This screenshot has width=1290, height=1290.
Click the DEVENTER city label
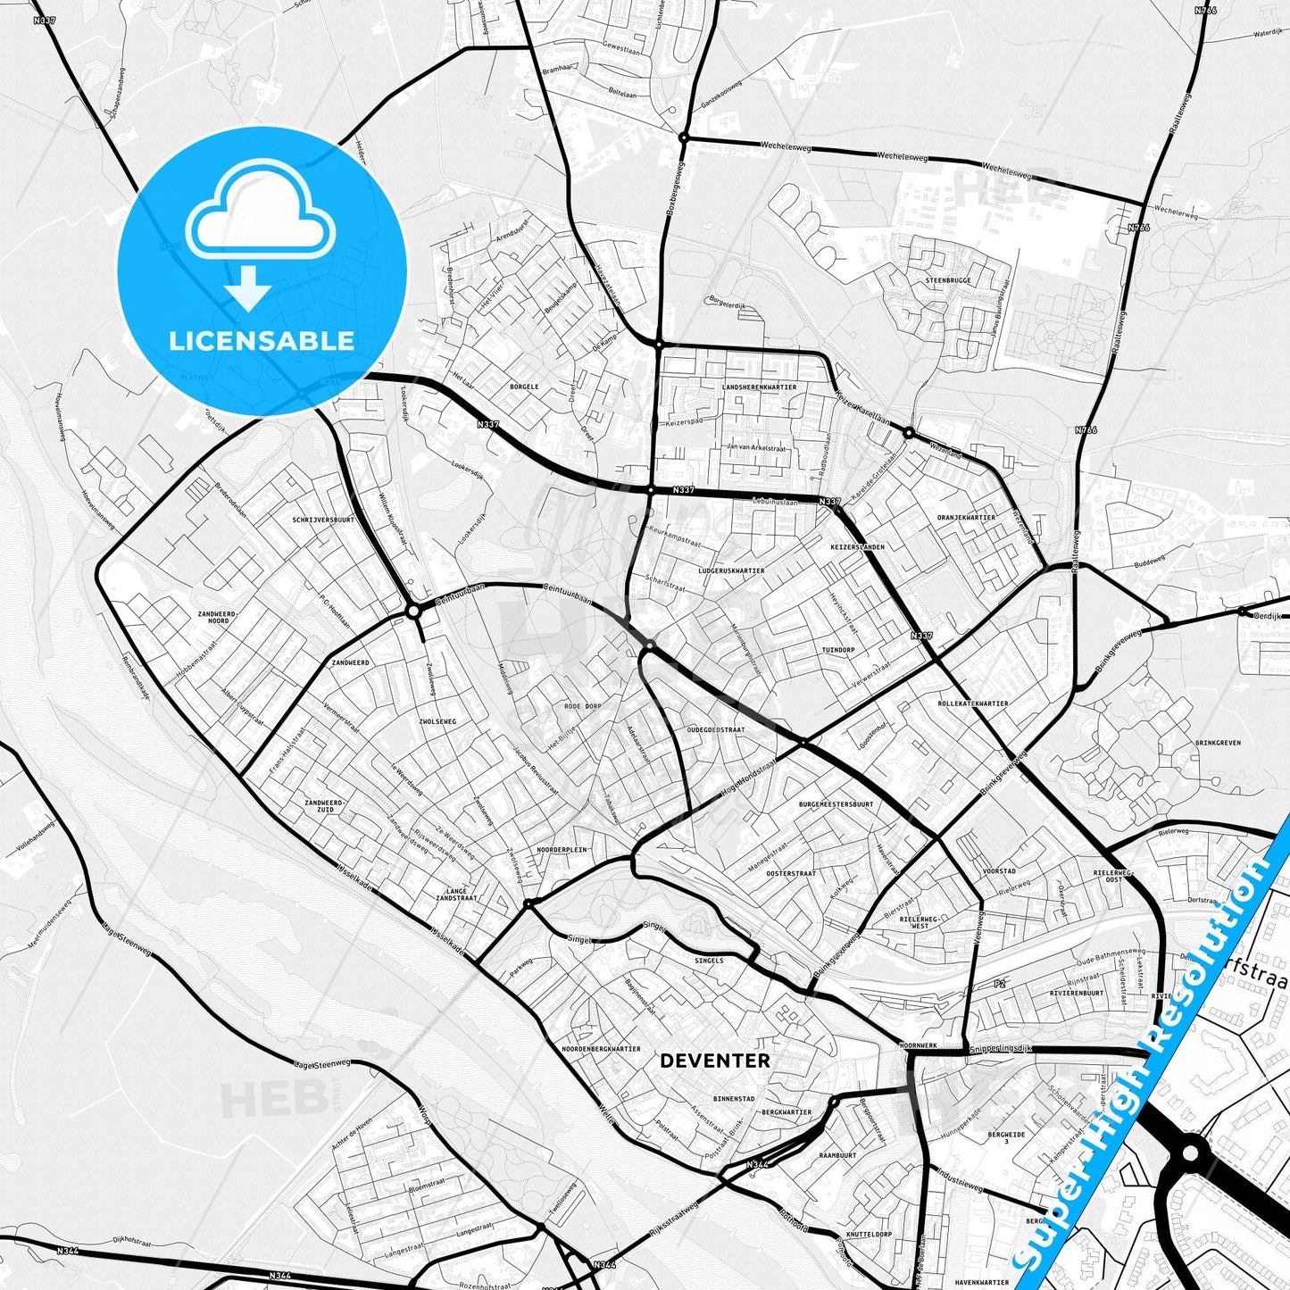click(714, 1061)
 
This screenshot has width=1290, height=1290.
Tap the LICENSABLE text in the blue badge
click(262, 340)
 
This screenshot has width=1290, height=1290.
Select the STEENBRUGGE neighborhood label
click(948, 280)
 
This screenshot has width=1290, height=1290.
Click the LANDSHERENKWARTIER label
click(759, 387)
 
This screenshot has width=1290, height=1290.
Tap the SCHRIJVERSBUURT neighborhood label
click(323, 519)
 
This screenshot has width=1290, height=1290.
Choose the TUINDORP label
click(838, 650)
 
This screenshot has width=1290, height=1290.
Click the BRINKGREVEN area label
click(1218, 742)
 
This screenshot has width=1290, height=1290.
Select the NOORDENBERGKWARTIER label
click(602, 1049)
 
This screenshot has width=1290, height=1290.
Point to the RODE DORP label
click(583, 706)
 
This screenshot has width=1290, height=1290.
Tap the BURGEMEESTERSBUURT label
click(836, 803)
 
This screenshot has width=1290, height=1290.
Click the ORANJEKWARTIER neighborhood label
click(966, 517)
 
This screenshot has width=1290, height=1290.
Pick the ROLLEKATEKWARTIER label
click(973, 703)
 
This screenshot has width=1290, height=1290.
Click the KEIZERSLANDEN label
click(857, 546)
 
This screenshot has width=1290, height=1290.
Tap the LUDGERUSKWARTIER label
click(731, 570)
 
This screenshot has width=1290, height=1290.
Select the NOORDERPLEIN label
click(562, 849)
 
